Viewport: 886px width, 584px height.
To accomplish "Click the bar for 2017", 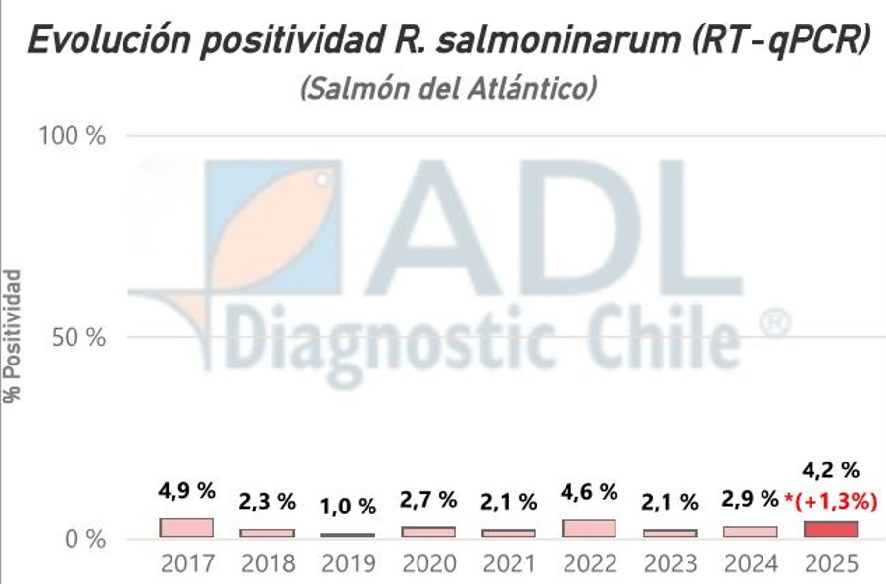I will coord(186,527).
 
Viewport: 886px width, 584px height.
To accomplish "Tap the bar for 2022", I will coord(589,528).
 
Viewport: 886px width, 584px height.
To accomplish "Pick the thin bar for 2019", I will coord(347,535).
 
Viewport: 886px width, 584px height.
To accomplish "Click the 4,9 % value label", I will coord(186,491).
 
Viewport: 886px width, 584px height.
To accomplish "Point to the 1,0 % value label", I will coord(347,507).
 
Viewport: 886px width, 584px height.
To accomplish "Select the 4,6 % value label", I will coord(589,492).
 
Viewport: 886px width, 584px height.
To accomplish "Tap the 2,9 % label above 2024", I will coord(750,501).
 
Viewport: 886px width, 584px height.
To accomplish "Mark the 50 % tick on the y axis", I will coord(77,337).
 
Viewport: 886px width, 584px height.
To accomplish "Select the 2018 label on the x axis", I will coord(267,565).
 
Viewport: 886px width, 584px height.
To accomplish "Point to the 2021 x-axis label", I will coord(509,565).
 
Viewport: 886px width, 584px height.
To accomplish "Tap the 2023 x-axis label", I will coord(670,565).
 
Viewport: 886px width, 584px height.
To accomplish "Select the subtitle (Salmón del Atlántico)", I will coord(448,89).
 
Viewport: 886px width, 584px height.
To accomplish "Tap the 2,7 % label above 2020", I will coord(428,500).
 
